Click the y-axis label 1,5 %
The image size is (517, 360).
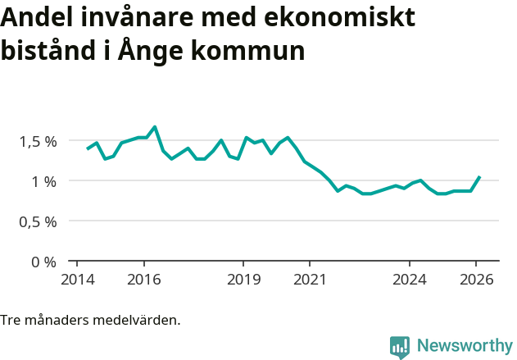click(x=39, y=141)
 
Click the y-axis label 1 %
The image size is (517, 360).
click(x=44, y=181)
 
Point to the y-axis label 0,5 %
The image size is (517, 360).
click(x=39, y=221)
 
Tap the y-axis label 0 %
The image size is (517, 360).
click(x=44, y=262)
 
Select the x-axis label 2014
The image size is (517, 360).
click(x=77, y=279)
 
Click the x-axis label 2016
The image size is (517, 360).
click(x=144, y=279)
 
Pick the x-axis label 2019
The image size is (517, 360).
click(x=243, y=279)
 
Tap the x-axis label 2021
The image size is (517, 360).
click(x=310, y=279)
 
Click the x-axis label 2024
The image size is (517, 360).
click(x=410, y=279)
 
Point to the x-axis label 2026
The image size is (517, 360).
click(x=476, y=279)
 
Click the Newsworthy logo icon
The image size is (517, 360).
click(x=400, y=347)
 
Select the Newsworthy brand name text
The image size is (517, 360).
click(x=464, y=346)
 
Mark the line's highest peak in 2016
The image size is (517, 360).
click(x=155, y=127)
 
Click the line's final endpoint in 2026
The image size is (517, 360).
click(x=479, y=177)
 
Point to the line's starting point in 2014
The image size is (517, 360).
click(x=88, y=149)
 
